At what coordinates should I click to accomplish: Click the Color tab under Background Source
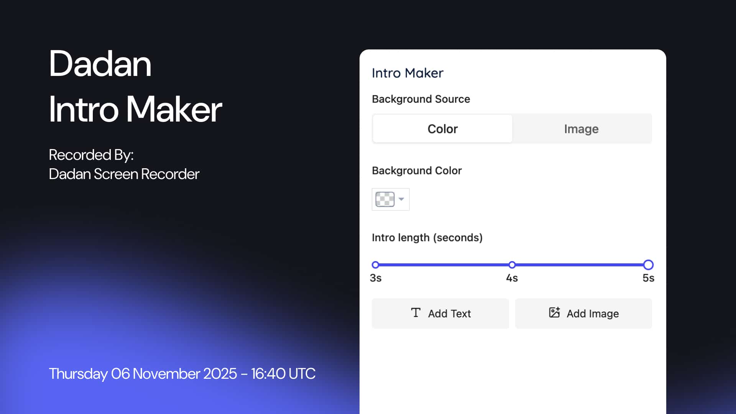point(442,129)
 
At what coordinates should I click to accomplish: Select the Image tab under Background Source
point(581,129)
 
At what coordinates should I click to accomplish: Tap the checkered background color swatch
point(385,199)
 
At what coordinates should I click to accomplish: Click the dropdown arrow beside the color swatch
point(401,199)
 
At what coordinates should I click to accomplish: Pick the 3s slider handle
point(375,265)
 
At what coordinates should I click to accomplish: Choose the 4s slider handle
point(512,265)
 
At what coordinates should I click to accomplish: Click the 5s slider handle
point(648,265)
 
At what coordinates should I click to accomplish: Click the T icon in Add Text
point(416,313)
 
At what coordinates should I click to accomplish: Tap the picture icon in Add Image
point(554,312)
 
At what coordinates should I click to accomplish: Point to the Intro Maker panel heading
point(407,73)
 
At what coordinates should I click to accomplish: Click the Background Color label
point(417,171)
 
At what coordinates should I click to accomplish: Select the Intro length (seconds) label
point(427,238)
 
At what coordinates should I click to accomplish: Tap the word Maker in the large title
point(174,110)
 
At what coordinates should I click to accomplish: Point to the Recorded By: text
point(91,155)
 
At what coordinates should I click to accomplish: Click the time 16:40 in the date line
point(268,374)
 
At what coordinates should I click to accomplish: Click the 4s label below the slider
point(512,278)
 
